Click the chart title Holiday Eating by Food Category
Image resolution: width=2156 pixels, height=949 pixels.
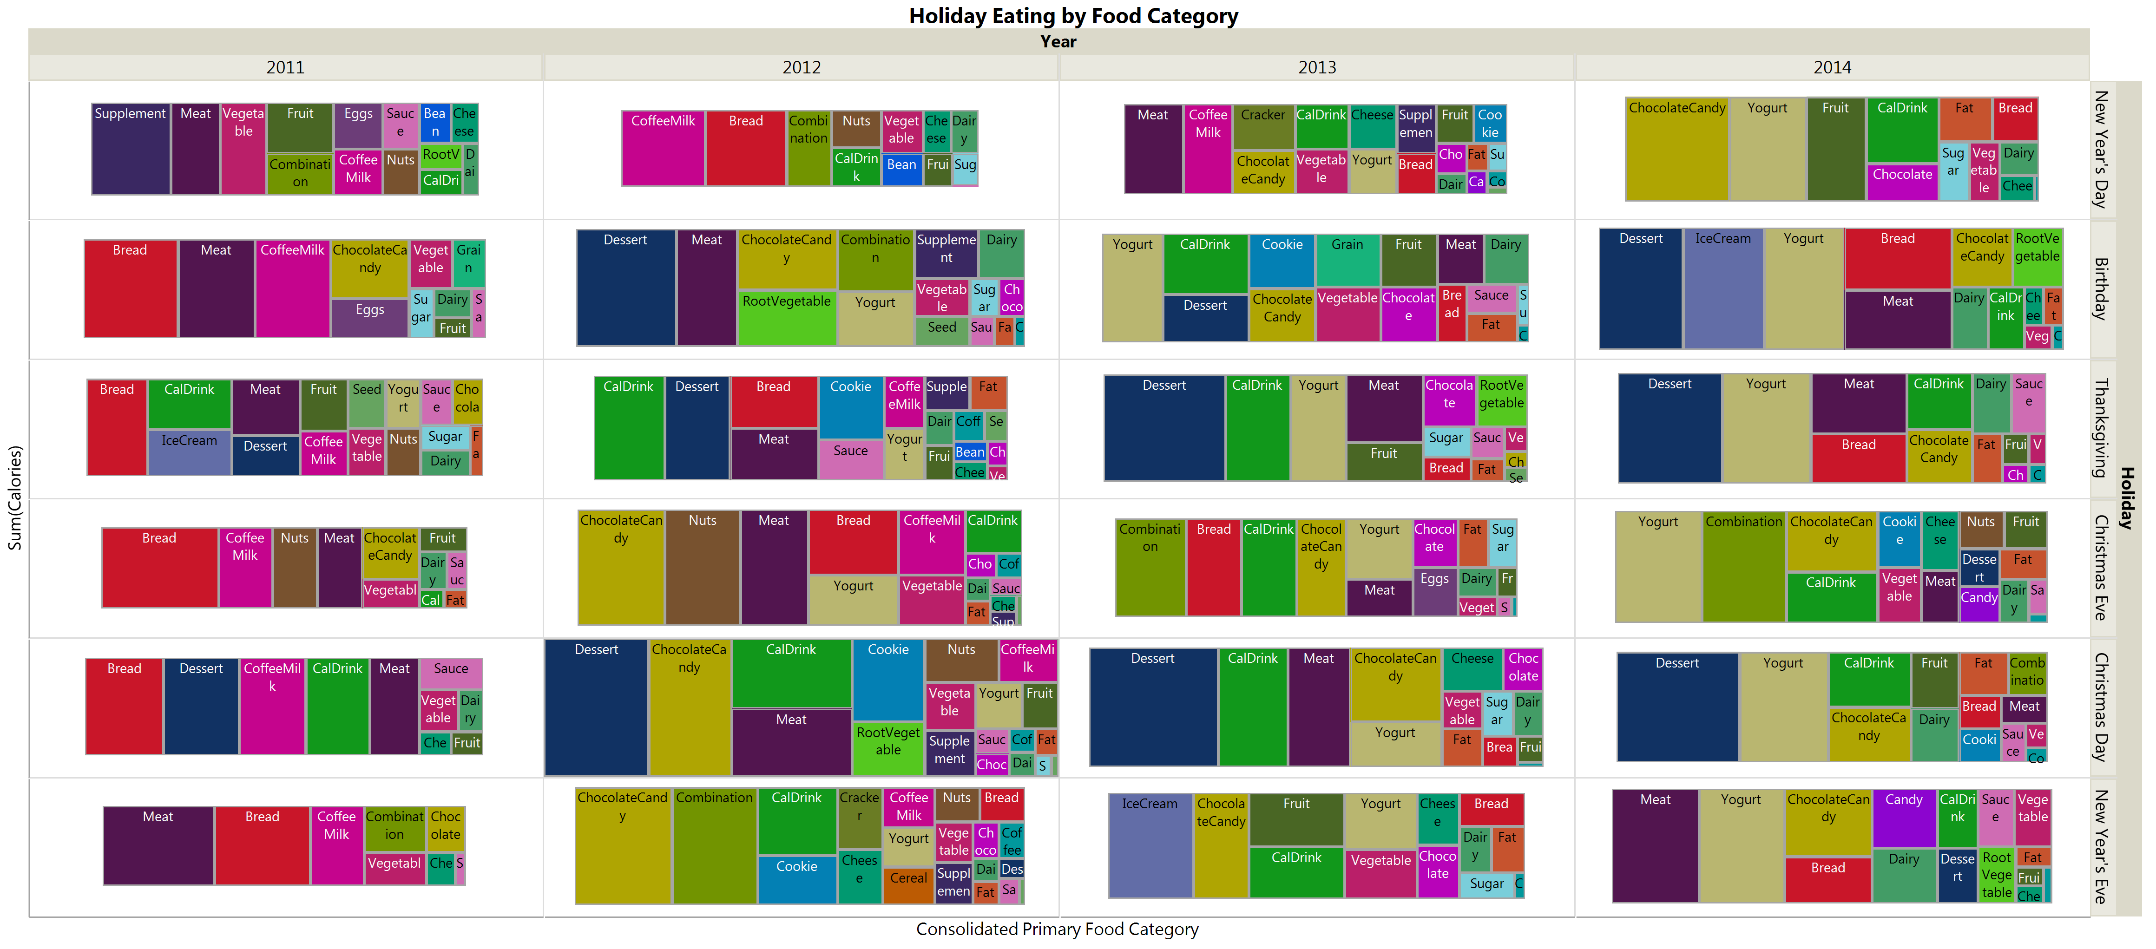(1073, 16)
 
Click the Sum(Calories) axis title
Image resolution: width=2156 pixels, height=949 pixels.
(14, 498)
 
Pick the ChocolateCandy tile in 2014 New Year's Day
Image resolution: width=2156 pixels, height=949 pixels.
(1676, 149)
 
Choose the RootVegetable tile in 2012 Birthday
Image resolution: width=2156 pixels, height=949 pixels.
(787, 318)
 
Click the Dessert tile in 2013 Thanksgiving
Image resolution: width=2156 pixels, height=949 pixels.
(1164, 428)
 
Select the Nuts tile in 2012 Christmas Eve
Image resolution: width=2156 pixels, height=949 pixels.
(702, 567)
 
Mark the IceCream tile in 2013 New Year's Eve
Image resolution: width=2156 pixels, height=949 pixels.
(1150, 845)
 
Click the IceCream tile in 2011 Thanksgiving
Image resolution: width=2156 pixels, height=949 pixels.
(189, 452)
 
